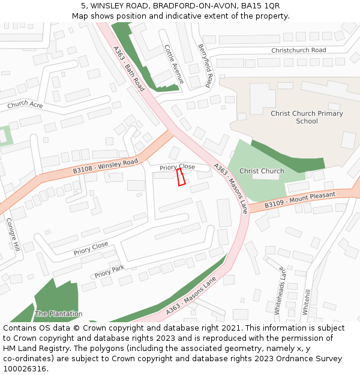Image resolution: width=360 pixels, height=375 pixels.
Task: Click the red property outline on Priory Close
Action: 180,177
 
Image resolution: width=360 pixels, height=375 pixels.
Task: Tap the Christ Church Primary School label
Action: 307,117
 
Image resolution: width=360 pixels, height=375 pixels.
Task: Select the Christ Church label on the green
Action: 262,171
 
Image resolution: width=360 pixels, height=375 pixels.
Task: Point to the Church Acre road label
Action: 25,104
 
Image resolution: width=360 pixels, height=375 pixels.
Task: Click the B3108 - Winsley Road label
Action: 105,166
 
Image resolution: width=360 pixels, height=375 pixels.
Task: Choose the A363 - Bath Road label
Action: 129,68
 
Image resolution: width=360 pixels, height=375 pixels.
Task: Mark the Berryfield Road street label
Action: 205,66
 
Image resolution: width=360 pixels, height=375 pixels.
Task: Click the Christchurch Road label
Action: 298,50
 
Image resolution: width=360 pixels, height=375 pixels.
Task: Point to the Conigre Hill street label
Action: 13,233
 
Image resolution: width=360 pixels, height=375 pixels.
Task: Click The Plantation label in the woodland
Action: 58,314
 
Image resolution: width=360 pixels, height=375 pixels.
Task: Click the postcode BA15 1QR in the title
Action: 263,6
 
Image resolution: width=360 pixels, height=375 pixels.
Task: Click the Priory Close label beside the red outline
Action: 178,167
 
